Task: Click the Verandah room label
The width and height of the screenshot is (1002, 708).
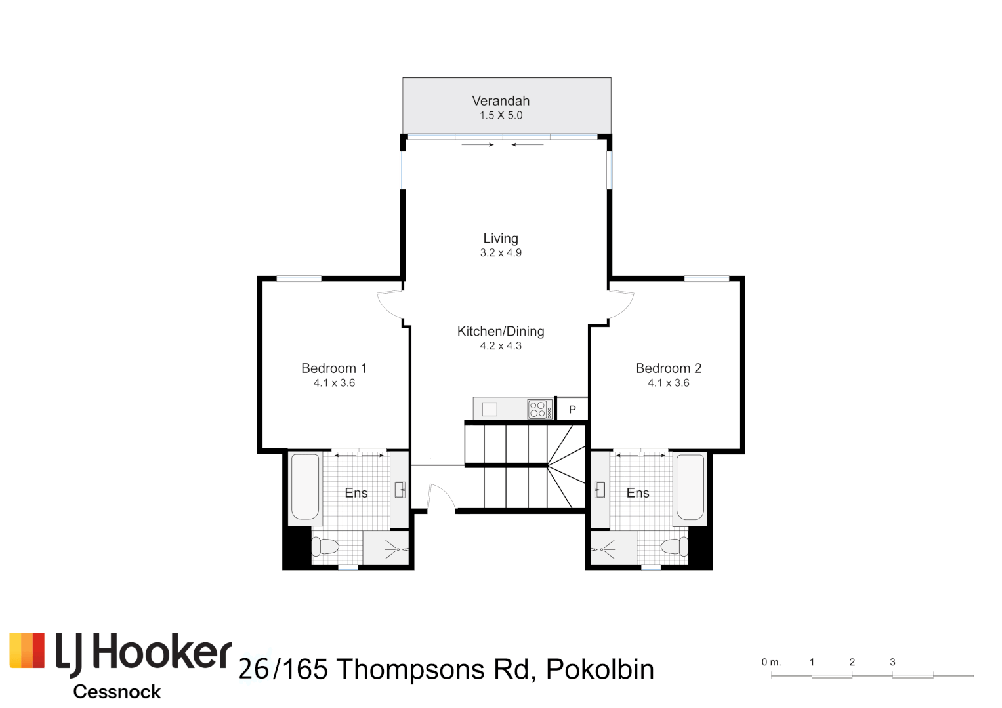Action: click(501, 101)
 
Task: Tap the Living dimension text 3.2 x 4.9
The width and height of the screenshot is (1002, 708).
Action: click(501, 253)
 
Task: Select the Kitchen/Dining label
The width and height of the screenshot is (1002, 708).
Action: click(501, 332)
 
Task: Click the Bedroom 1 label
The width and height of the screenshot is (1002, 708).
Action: click(334, 368)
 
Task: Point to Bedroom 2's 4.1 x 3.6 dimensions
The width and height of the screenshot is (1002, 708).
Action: click(668, 383)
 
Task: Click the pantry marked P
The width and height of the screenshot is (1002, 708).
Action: click(572, 409)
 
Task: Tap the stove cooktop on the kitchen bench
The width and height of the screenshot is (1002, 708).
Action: click(539, 410)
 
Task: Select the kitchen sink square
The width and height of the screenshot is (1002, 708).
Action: click(490, 410)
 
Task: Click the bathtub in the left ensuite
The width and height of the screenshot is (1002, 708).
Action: click(305, 486)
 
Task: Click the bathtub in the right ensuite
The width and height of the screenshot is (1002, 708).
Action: click(690, 486)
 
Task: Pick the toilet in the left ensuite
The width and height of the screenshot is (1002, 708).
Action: click(325, 546)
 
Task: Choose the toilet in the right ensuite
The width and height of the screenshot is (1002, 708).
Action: click(675, 545)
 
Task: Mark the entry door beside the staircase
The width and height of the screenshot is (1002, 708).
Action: click(440, 497)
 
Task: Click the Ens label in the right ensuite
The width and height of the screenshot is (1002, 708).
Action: click(638, 493)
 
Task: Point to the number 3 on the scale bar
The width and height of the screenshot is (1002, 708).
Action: click(892, 662)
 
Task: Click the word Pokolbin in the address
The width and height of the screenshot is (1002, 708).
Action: click(600, 669)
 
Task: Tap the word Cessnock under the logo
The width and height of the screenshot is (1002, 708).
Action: click(117, 692)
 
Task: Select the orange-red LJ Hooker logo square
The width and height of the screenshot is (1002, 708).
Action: click(27, 650)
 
